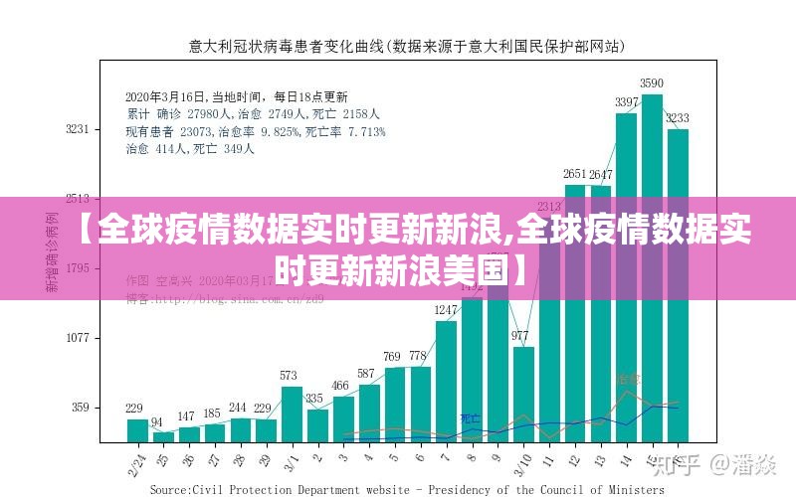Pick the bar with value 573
pos(291,413)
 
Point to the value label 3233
pos(678,118)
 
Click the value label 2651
pos(575,175)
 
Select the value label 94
pos(157,422)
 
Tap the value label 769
pos(393,357)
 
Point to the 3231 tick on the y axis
pos(78,129)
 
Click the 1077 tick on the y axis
pos(78,338)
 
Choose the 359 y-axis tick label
pos(79,408)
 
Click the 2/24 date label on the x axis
pos(136,459)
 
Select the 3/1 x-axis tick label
pos(291,459)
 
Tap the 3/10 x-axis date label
pos(521,461)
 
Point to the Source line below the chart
pos(406,489)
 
